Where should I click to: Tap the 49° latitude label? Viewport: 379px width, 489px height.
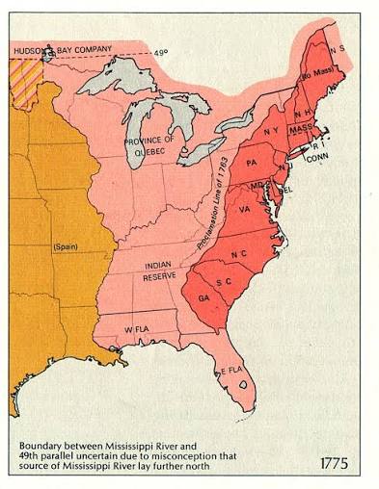pos(160,53)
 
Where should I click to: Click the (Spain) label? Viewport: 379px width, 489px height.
pos(65,248)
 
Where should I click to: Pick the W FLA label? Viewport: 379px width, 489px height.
pos(140,329)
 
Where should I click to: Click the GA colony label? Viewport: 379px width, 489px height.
pos(204,298)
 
